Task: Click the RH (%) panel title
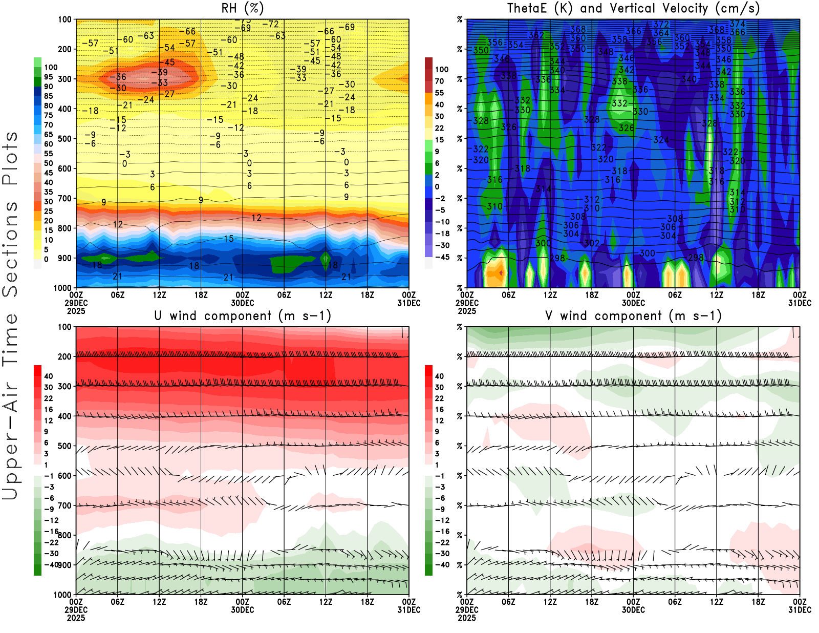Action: coord(242,8)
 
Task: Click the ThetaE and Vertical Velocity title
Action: coord(633,8)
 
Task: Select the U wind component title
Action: coord(242,315)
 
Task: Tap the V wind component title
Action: coord(633,315)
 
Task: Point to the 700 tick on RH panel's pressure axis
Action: coord(65,198)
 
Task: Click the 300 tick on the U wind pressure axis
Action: coord(65,386)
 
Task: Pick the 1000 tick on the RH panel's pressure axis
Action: coord(63,288)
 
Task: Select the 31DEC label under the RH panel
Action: coord(409,303)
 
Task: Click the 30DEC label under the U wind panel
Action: coord(242,610)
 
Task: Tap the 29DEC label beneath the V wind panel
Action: coord(467,610)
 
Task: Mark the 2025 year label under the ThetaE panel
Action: coord(467,311)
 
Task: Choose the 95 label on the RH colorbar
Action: coord(48,77)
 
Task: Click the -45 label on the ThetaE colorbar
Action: coord(442,257)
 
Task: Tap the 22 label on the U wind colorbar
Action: coord(49,398)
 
